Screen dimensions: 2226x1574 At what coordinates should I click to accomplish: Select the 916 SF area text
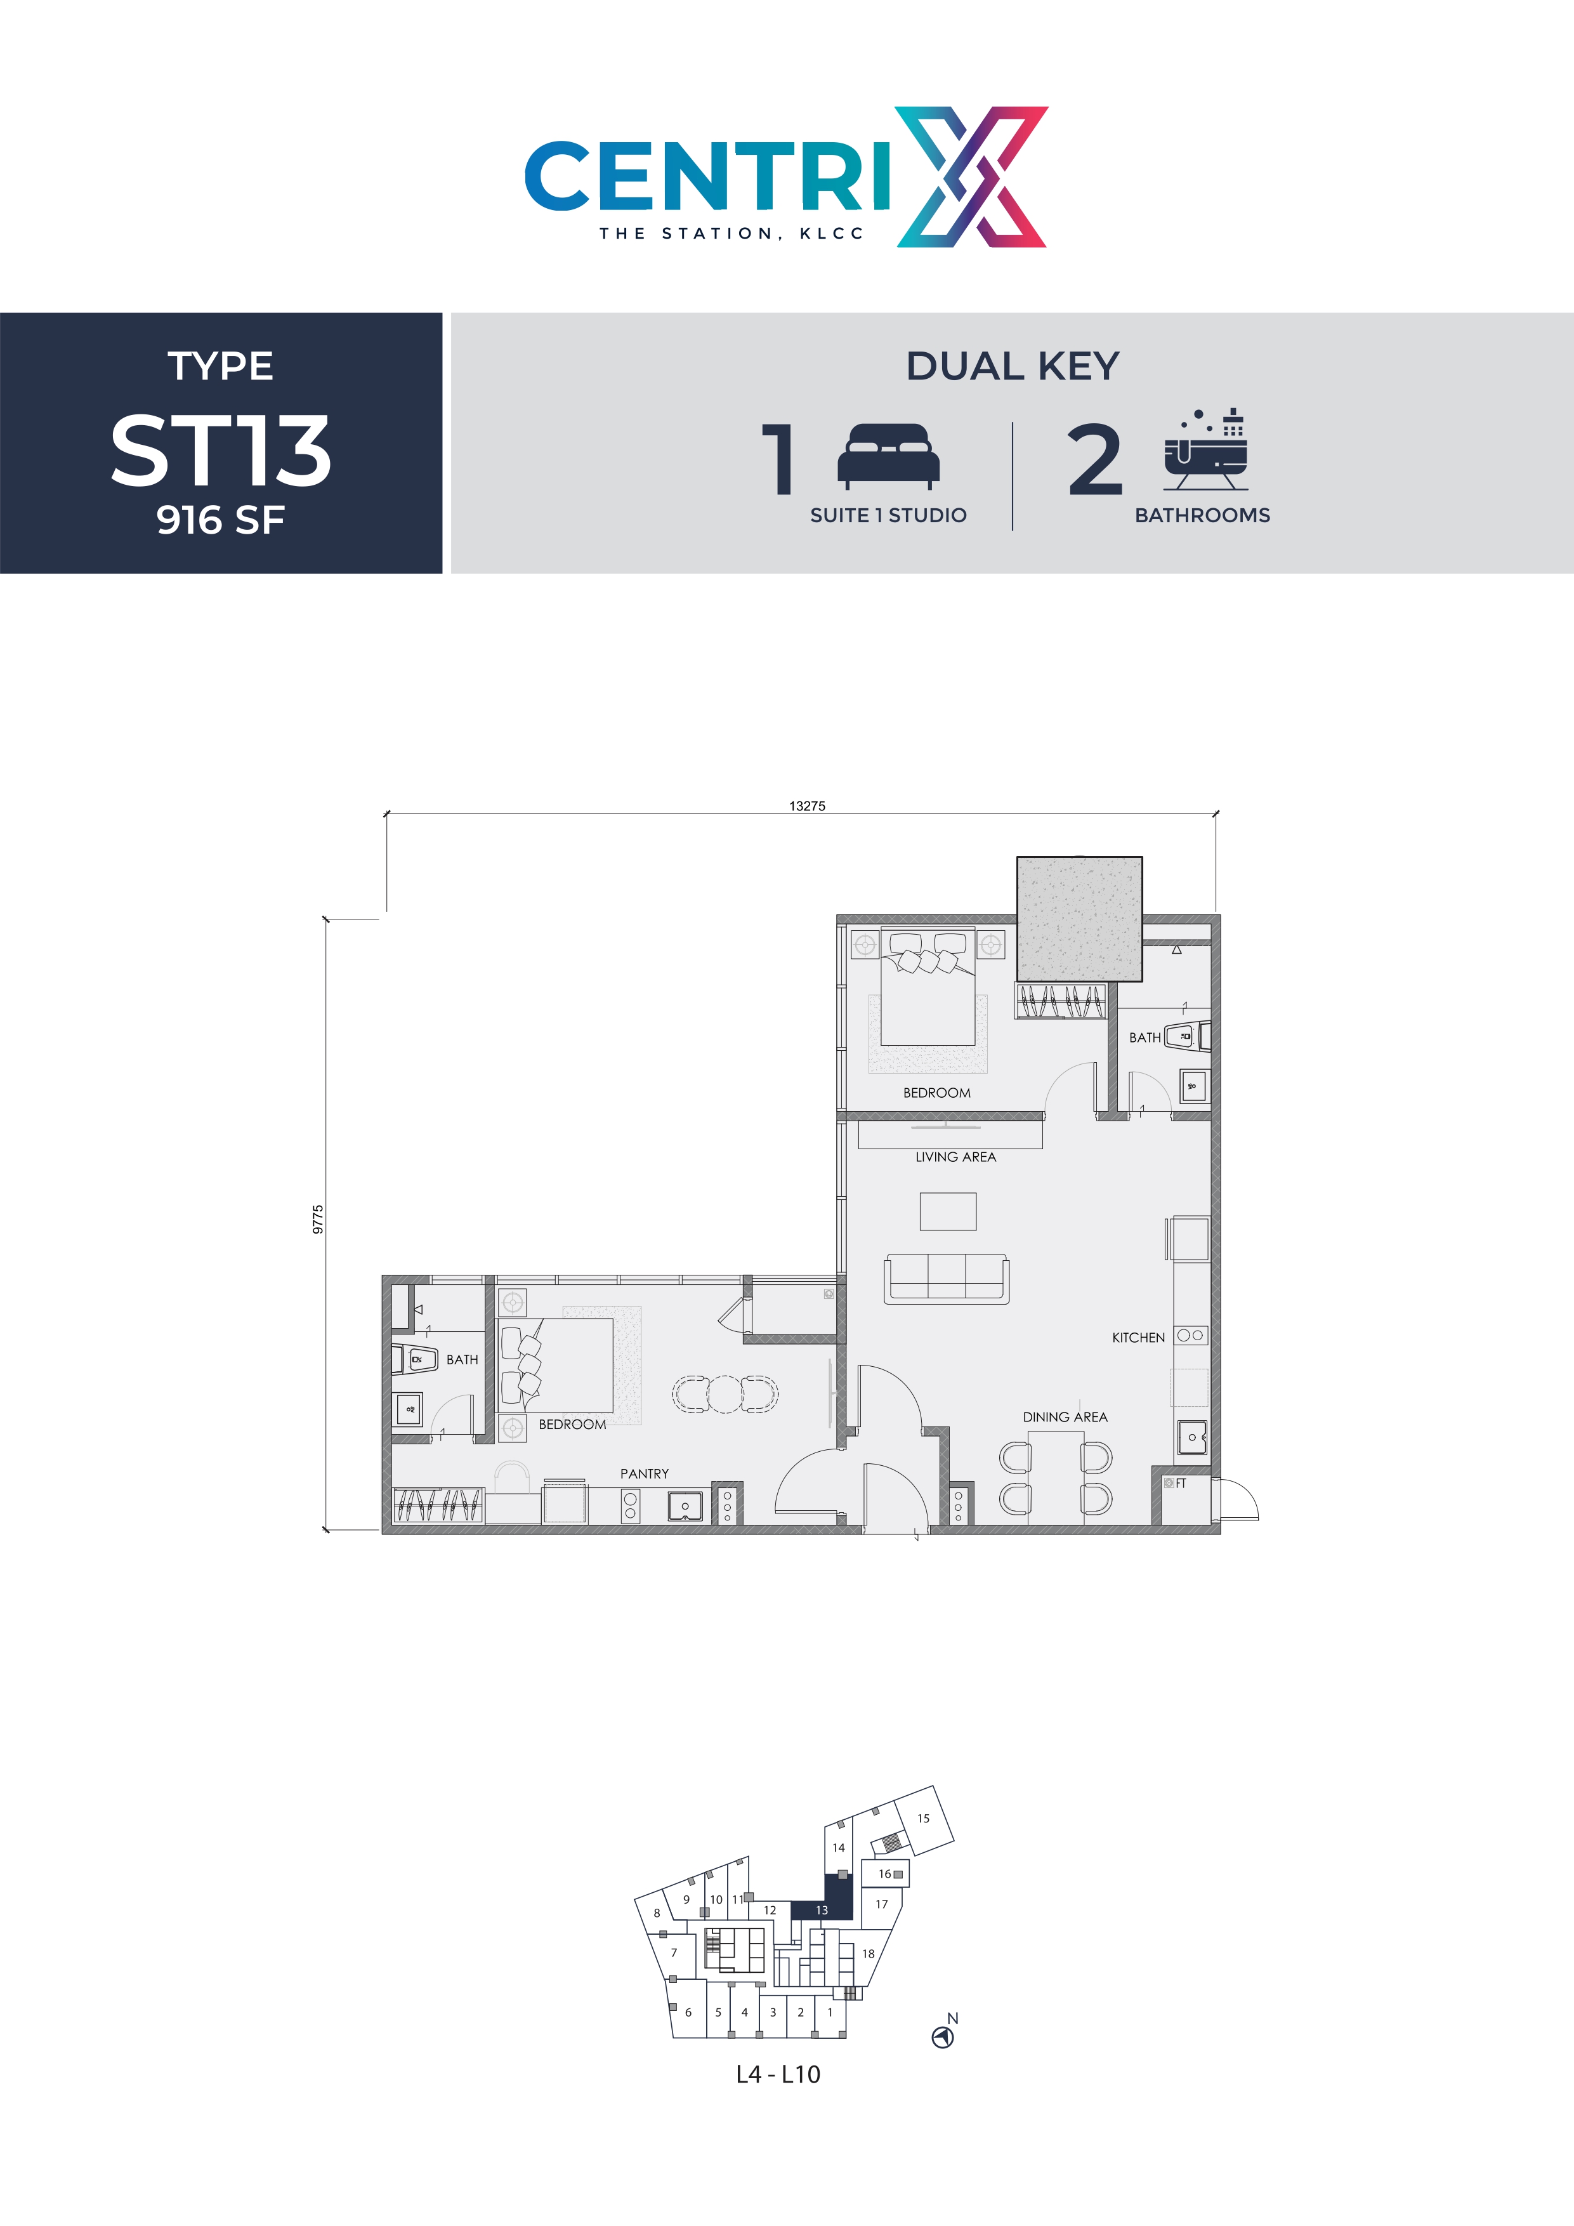tap(221, 520)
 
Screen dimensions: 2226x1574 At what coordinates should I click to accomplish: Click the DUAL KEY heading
tap(1012, 367)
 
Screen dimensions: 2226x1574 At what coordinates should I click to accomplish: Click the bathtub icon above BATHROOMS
tap(1205, 451)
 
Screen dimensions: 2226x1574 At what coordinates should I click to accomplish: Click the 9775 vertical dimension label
tap(318, 1220)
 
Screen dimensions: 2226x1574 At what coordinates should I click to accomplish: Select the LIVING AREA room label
tap(955, 1157)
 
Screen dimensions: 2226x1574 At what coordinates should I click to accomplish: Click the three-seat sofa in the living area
tap(946, 1279)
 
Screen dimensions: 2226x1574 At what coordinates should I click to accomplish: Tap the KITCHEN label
tap(1138, 1337)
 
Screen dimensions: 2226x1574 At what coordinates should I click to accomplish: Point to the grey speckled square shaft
tap(1079, 918)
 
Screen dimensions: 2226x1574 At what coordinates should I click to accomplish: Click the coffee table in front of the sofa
tap(947, 1211)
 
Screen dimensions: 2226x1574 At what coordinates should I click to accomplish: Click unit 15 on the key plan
tap(922, 1818)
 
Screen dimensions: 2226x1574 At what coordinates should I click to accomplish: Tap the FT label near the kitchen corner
tap(1181, 1484)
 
